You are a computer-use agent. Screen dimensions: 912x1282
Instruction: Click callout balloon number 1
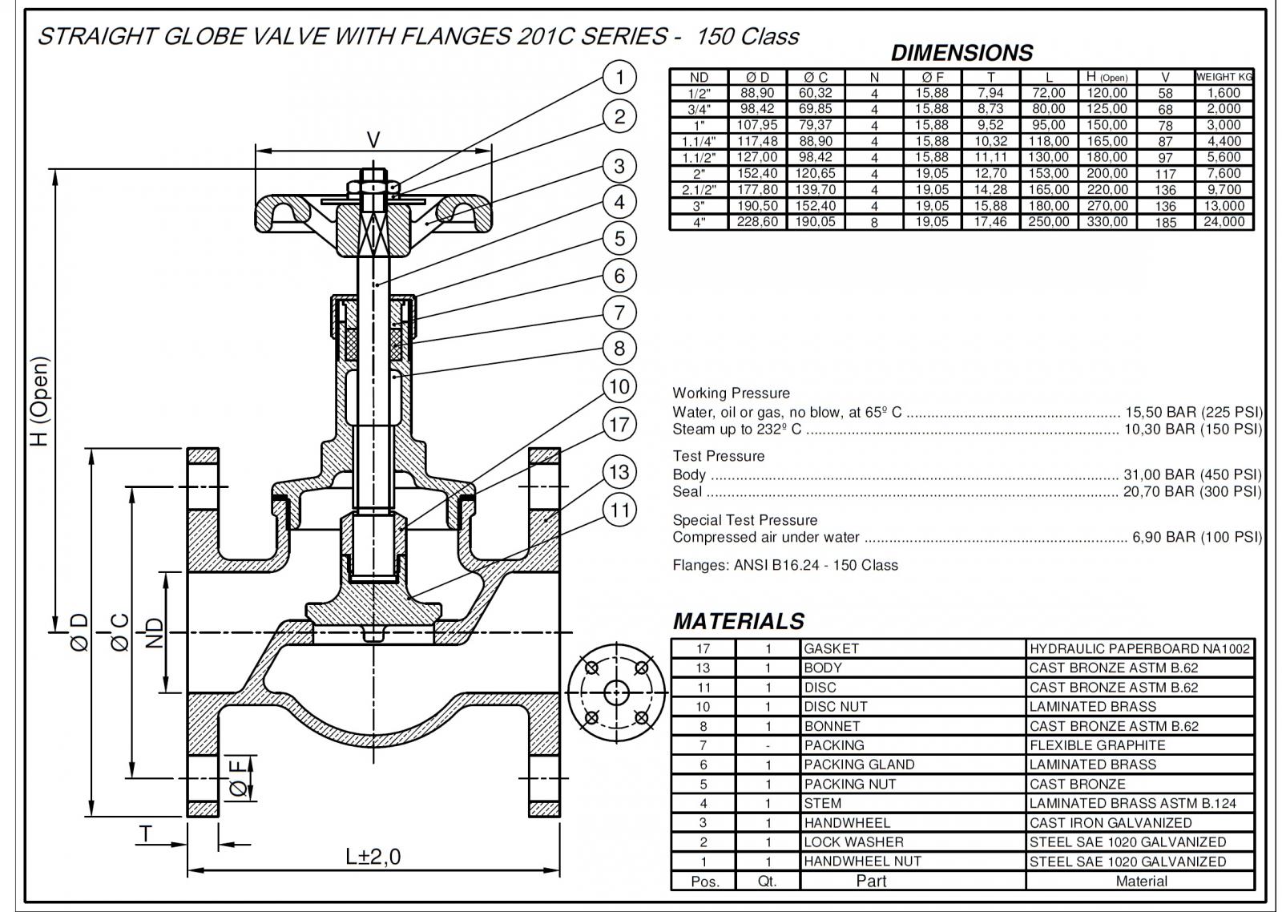(619, 78)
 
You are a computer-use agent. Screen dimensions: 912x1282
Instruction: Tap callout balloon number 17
(619, 424)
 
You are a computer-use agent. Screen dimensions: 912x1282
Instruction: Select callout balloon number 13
(619, 472)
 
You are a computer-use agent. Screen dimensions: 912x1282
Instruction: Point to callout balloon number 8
(619, 349)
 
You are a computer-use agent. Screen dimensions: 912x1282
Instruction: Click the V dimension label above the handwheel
(373, 140)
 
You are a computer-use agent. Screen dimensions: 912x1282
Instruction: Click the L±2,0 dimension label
(373, 857)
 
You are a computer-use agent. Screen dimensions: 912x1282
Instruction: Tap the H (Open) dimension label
(40, 401)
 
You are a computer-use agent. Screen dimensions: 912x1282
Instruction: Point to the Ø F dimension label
(238, 777)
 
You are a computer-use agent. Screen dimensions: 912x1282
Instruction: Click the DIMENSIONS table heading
(961, 53)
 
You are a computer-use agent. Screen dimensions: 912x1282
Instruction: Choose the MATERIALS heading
(738, 621)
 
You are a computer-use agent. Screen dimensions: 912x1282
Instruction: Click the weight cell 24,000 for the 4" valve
(1224, 222)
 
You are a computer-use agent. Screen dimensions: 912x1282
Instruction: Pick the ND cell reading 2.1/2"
(699, 190)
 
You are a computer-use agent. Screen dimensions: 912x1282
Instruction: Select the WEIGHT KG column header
(1224, 77)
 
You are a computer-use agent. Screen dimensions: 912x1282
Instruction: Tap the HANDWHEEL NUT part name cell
(862, 862)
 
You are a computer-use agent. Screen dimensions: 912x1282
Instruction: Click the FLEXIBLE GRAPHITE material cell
(1097, 745)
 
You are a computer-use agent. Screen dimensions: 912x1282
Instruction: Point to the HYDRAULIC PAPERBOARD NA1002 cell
(1139, 648)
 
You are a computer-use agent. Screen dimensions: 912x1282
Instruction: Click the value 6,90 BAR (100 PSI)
(1196, 537)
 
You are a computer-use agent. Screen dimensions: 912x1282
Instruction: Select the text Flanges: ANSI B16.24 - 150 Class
(785, 565)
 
